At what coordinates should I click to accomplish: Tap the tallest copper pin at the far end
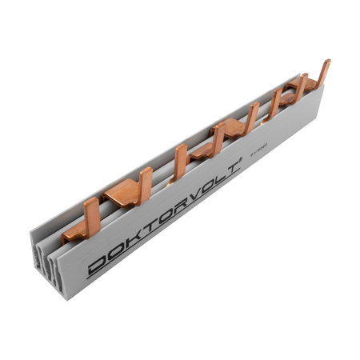(x=323, y=74)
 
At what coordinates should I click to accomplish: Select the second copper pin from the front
(x=146, y=184)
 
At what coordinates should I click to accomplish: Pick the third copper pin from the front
(x=181, y=162)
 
